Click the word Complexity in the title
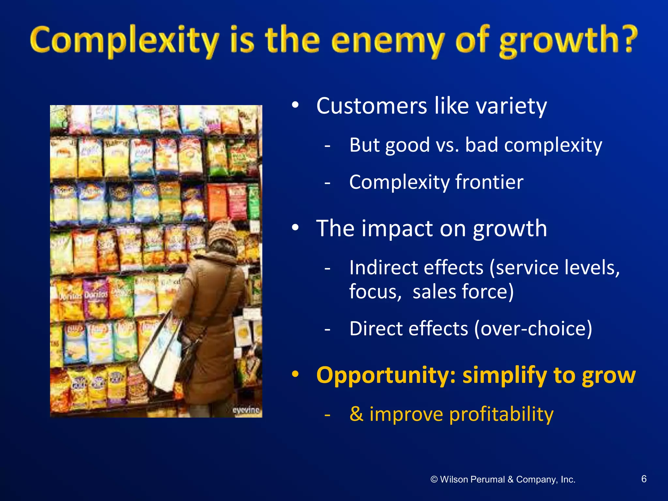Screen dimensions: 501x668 click(124, 41)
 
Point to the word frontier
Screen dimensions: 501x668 click(489, 182)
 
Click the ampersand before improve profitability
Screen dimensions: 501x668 click(356, 414)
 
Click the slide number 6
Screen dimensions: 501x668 click(644, 479)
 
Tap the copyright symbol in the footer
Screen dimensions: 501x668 click(434, 479)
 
